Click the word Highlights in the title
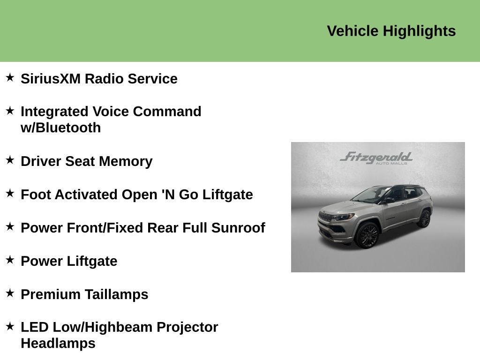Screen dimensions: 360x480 [419, 31]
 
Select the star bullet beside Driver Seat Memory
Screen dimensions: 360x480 [10, 160]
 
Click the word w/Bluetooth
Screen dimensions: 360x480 [60, 128]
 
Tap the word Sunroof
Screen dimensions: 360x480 [238, 228]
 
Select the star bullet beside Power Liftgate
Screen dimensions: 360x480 [10, 260]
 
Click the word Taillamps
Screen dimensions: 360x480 [116, 294]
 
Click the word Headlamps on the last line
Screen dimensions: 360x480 [58, 343]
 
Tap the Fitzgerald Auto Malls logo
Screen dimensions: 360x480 [376, 158]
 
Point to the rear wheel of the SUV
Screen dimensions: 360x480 [425, 218]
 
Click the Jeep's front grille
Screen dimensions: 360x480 [327, 218]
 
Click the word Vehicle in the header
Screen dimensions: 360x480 [352, 31]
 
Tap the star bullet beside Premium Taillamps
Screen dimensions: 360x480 [10, 293]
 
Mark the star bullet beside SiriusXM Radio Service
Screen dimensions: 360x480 [10, 77]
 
